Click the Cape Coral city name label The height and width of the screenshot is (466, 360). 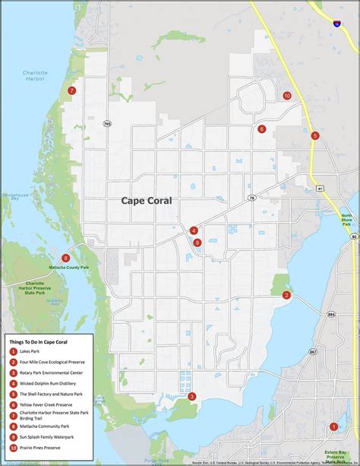point(147,201)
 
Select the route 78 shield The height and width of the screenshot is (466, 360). point(251,198)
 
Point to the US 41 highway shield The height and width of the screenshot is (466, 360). point(321,188)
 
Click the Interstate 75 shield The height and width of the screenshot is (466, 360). point(337,24)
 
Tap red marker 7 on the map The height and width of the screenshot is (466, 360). point(71,90)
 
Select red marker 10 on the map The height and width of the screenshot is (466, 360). point(286,96)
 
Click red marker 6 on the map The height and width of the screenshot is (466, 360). point(262,129)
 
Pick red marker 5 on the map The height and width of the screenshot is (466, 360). point(314,135)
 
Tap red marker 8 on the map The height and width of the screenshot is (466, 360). point(66,258)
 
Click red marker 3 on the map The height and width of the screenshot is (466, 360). point(192,396)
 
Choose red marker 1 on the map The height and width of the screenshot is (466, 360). point(333,426)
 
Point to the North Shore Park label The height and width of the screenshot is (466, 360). point(346,220)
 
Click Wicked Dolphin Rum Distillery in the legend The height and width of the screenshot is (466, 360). point(50,383)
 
